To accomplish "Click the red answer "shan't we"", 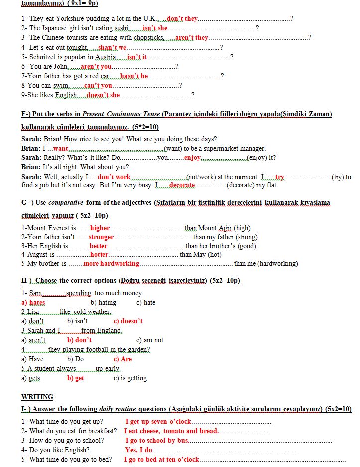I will click(x=113, y=47).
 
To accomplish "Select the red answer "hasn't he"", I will click(x=134, y=76).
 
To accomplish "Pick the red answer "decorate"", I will click(x=182, y=185).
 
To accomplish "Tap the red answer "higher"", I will click(x=100, y=228).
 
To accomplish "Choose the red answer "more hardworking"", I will click(x=112, y=263).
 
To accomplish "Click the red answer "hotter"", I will click(x=99, y=254).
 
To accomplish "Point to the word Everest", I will click(x=61, y=228).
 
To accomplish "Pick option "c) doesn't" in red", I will click(x=128, y=321).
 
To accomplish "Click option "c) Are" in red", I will click(x=122, y=359).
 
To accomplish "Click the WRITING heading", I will click(x=37, y=397).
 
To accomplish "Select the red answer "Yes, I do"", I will click(x=139, y=450).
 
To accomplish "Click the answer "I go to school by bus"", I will click(x=157, y=440).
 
